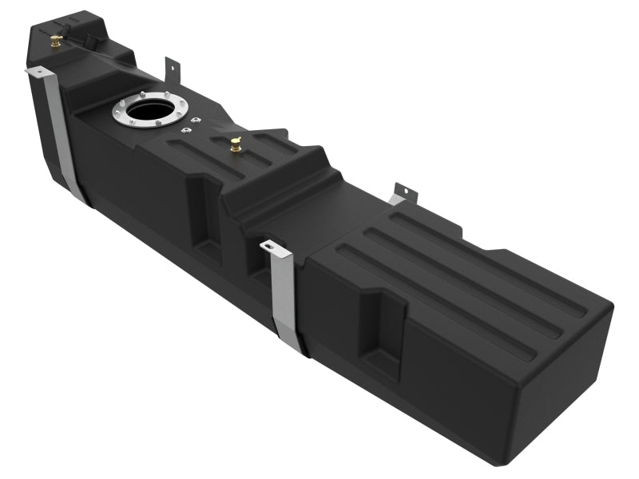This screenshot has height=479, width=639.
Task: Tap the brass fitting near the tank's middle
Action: point(236,144)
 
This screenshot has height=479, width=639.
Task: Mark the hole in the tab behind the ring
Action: point(170,64)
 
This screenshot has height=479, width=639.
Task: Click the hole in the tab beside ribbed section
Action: point(403,192)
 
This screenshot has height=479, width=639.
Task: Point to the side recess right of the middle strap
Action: point(382,335)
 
